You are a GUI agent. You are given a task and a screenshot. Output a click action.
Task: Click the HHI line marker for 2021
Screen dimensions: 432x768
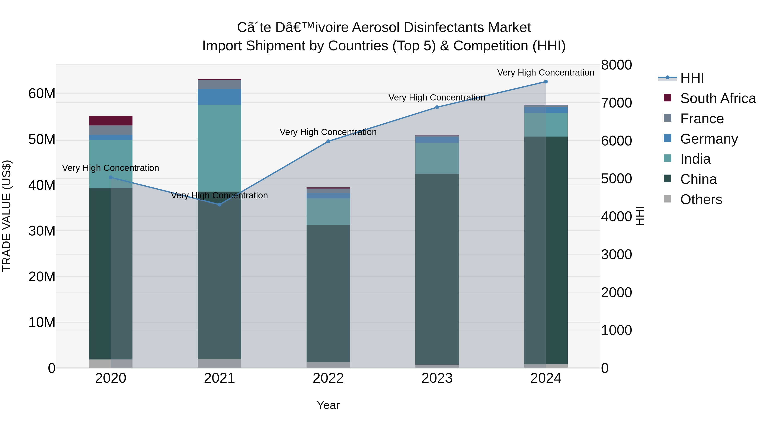point(220,205)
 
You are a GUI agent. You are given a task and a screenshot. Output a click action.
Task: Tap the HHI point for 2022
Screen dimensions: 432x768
point(328,141)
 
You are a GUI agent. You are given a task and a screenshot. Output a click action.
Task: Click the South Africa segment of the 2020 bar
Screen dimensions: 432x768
point(111,121)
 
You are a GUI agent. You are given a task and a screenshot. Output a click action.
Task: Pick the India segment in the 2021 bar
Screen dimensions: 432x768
point(220,148)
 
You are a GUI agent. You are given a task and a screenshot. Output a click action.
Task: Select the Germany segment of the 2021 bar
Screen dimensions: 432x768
point(220,97)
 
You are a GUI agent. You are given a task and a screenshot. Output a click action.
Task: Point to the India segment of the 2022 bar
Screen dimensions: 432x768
point(328,211)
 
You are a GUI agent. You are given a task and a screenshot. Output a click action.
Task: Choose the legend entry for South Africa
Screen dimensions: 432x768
point(718,98)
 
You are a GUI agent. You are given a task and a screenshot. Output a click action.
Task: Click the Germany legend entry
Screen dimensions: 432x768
point(709,139)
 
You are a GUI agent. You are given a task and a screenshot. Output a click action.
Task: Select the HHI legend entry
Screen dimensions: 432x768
point(692,78)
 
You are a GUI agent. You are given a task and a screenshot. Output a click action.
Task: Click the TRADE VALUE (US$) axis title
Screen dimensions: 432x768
point(7,216)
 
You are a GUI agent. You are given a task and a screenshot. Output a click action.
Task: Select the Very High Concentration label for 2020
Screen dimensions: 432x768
point(111,168)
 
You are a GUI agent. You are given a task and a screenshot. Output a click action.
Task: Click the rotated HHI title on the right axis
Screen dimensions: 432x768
point(640,216)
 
